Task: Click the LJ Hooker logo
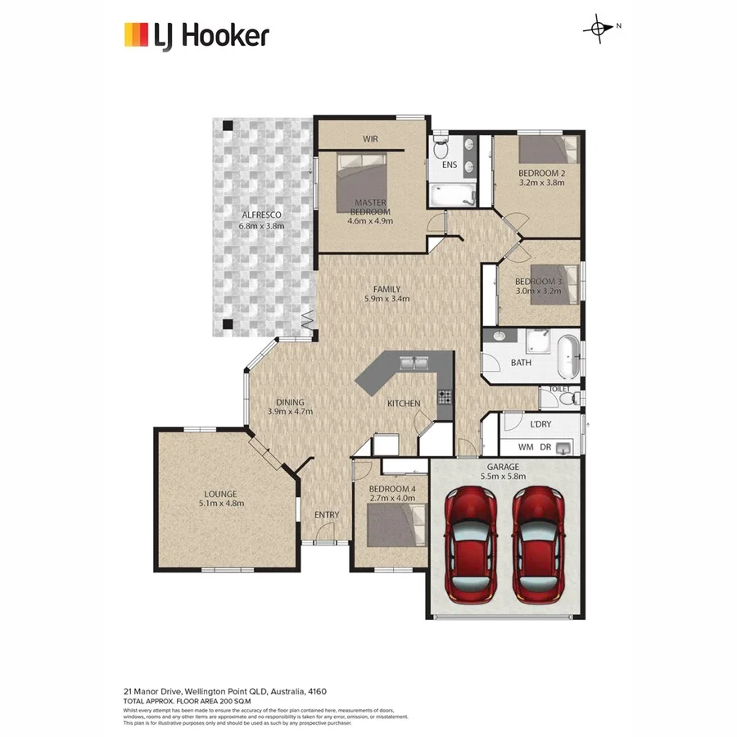coord(196,36)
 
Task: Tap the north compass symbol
coord(599,29)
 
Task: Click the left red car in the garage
coord(470,545)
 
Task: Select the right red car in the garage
coord(538,545)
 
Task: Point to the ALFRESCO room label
coord(261,215)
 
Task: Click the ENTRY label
coord(327,514)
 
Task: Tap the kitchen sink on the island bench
coord(414,361)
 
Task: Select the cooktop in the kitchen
coord(445,397)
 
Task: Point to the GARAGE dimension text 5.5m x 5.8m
coord(505,477)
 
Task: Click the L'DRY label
coord(541,424)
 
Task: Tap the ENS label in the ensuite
coord(450,165)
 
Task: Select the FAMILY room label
coord(387,289)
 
